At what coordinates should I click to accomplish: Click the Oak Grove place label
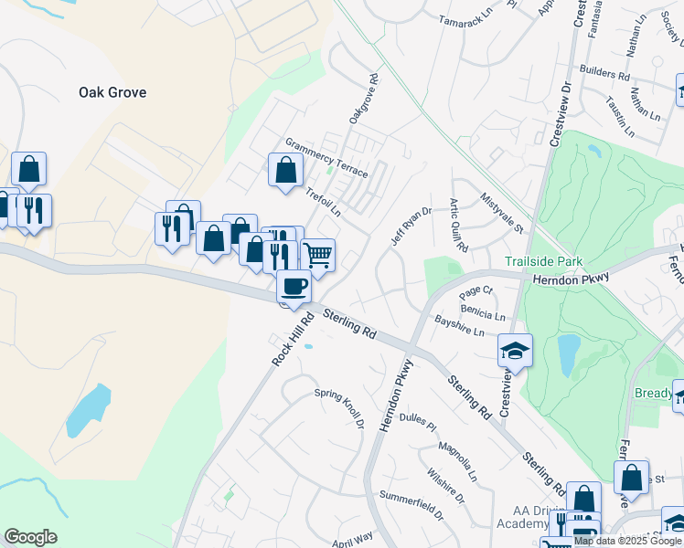(112, 92)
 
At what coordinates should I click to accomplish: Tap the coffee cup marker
(294, 287)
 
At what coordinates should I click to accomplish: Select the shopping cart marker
(317, 255)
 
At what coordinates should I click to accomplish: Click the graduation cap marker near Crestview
(515, 351)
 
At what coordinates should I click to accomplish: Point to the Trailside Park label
(544, 262)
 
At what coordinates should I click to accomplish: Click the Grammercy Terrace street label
(326, 158)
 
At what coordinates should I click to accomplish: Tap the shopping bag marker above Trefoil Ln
(285, 169)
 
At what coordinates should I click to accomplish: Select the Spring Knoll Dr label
(339, 407)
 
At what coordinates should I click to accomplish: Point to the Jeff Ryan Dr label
(411, 226)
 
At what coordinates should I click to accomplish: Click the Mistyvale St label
(502, 216)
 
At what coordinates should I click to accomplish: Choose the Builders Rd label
(604, 77)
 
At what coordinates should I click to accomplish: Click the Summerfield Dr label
(411, 508)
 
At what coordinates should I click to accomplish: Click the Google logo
(30, 537)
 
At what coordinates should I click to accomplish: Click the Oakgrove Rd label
(363, 100)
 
